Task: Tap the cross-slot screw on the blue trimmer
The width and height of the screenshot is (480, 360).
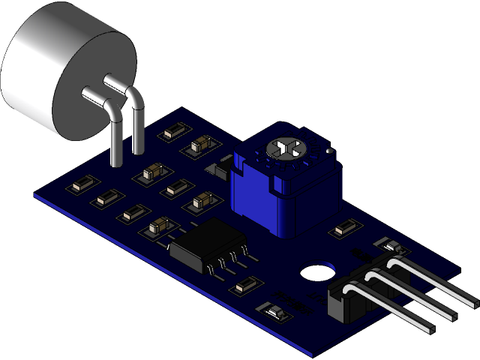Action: (286, 148)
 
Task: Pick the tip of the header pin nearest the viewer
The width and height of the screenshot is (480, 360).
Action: (433, 328)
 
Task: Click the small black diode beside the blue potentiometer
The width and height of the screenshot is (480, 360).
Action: (223, 168)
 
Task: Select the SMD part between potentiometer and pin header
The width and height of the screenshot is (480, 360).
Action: (347, 227)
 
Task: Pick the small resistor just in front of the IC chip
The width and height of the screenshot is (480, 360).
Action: (245, 285)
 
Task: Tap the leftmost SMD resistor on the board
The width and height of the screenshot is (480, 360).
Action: (82, 184)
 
